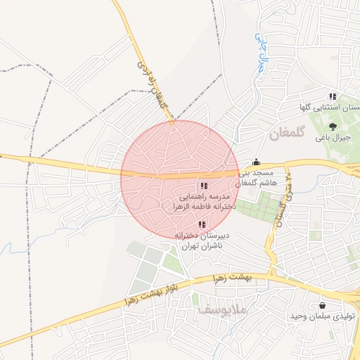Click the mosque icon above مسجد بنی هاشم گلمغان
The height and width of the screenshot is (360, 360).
click(257, 162)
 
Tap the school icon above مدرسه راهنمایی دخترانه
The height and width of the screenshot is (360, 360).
click(203, 186)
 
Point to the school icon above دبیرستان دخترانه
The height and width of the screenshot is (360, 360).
click(202, 224)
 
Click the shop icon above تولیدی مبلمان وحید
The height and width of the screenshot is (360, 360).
click(322, 306)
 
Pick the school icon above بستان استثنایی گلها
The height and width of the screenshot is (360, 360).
click(333, 96)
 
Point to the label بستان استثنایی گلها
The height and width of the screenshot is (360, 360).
click(330, 108)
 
